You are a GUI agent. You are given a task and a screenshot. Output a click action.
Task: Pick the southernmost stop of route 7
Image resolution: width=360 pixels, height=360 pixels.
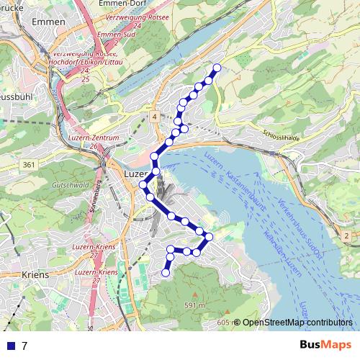165,273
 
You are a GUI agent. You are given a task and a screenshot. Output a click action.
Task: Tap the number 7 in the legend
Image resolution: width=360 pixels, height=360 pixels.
24,346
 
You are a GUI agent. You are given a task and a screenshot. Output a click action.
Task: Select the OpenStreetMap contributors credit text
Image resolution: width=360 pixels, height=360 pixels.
297,323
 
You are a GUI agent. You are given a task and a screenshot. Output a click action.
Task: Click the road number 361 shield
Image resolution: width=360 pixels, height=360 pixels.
28,166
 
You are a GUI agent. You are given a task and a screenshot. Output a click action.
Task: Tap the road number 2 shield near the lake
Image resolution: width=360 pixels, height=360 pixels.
346,235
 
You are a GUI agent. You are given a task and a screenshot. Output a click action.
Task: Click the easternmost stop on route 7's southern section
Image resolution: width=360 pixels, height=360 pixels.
209,236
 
